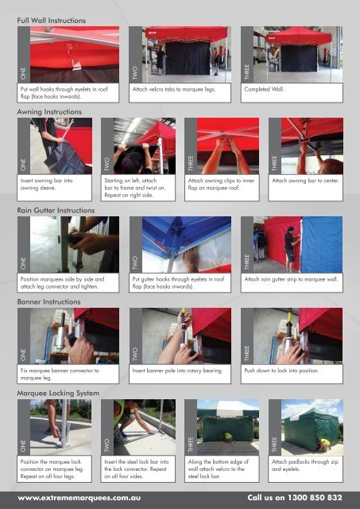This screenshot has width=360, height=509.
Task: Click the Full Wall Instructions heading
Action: coord(52,21)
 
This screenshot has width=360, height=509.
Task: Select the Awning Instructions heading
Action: coord(49,112)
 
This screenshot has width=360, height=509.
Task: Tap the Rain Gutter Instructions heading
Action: coord(56,210)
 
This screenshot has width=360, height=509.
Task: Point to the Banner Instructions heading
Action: coord(48,302)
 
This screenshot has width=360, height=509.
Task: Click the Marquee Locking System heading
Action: coord(58,393)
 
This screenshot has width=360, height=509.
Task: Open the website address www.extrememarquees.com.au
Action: coord(79,498)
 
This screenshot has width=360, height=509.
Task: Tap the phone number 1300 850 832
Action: coord(315,498)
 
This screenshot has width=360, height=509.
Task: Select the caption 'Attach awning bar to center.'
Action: coord(305,181)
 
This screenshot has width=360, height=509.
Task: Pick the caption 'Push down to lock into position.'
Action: coord(281,371)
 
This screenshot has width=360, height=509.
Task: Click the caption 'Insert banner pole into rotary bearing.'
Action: coord(177,371)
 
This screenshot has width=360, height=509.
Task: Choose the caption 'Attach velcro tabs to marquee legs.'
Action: coord(174,89)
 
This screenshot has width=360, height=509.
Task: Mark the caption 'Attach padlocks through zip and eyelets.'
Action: coord(305,465)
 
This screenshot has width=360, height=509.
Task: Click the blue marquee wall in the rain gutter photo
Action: coord(322,244)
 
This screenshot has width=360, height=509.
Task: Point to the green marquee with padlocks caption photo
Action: coord(312,427)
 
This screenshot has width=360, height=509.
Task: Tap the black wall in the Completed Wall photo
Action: coord(299,58)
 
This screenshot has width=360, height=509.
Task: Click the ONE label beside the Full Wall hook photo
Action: coord(23,73)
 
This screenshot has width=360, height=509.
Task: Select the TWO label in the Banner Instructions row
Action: coord(135,354)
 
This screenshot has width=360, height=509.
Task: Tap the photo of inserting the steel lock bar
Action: coord(145,427)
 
